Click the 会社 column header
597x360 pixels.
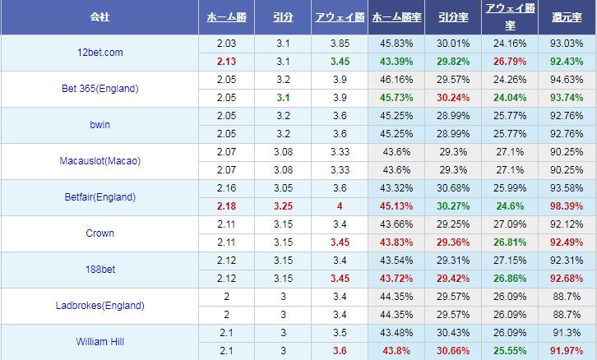point(99,17)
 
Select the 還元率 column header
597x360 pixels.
point(567,17)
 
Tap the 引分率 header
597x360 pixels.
point(453,17)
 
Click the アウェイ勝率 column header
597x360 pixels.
point(510,16)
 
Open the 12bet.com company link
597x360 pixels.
point(99,53)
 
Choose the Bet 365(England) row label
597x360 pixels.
point(99,89)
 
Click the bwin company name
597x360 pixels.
point(99,125)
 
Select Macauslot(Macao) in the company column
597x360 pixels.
point(99,161)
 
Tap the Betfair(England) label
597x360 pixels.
point(99,197)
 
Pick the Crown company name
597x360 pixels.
point(99,233)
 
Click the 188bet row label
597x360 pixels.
point(100,270)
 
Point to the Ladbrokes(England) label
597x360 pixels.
point(99,306)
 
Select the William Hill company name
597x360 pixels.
point(99,342)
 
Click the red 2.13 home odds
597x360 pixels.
point(226,62)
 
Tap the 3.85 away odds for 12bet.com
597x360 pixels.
point(340,44)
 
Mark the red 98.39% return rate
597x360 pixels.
point(567,206)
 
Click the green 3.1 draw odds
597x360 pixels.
point(283,98)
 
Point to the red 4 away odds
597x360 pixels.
point(340,206)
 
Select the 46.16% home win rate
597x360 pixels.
point(396,80)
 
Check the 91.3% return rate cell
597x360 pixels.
point(567,333)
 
